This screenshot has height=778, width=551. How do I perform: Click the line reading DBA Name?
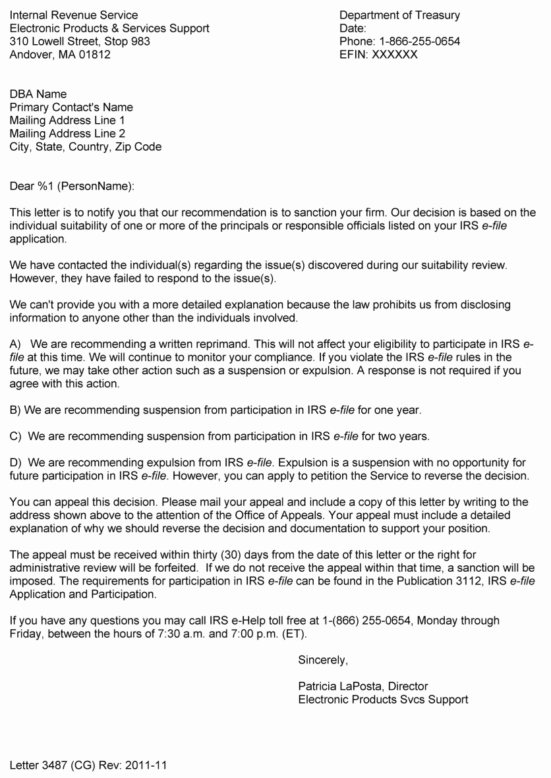pyautogui.click(x=38, y=94)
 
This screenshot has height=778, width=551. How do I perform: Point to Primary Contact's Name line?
pyautogui.click(x=71, y=107)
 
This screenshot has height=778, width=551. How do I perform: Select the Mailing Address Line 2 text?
pyautogui.click(x=67, y=134)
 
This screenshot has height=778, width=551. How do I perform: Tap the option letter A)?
pyautogui.click(x=15, y=344)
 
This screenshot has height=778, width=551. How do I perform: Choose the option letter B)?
pyautogui.click(x=15, y=410)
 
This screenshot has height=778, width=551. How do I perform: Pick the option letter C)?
pyautogui.click(x=15, y=436)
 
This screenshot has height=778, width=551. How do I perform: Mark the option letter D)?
pyautogui.click(x=15, y=462)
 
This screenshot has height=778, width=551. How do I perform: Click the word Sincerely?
pyautogui.click(x=323, y=659)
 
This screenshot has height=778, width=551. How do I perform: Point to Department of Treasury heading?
pyautogui.click(x=399, y=15)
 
